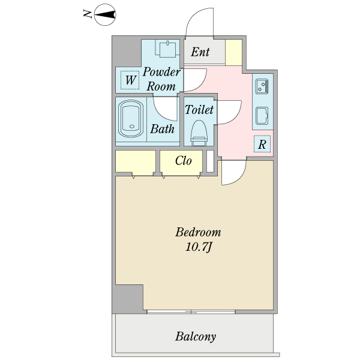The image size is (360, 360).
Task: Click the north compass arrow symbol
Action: (106, 15)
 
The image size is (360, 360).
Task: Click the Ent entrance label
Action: (200, 52)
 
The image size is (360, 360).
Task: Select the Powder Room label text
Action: (161, 79)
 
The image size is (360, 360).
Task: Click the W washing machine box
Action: (129, 79)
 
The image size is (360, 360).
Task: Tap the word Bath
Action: (162, 128)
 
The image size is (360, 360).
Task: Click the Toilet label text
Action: (199, 110)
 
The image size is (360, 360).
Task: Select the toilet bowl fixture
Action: (199, 131)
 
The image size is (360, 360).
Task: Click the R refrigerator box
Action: (262, 144)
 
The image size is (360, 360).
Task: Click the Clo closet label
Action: (184, 161)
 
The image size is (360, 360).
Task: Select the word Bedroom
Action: (198, 232)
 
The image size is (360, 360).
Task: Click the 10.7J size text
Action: (198, 247)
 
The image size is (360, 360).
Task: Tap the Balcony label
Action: (196, 337)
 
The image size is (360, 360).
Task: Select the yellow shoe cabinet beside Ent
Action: (234, 52)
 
